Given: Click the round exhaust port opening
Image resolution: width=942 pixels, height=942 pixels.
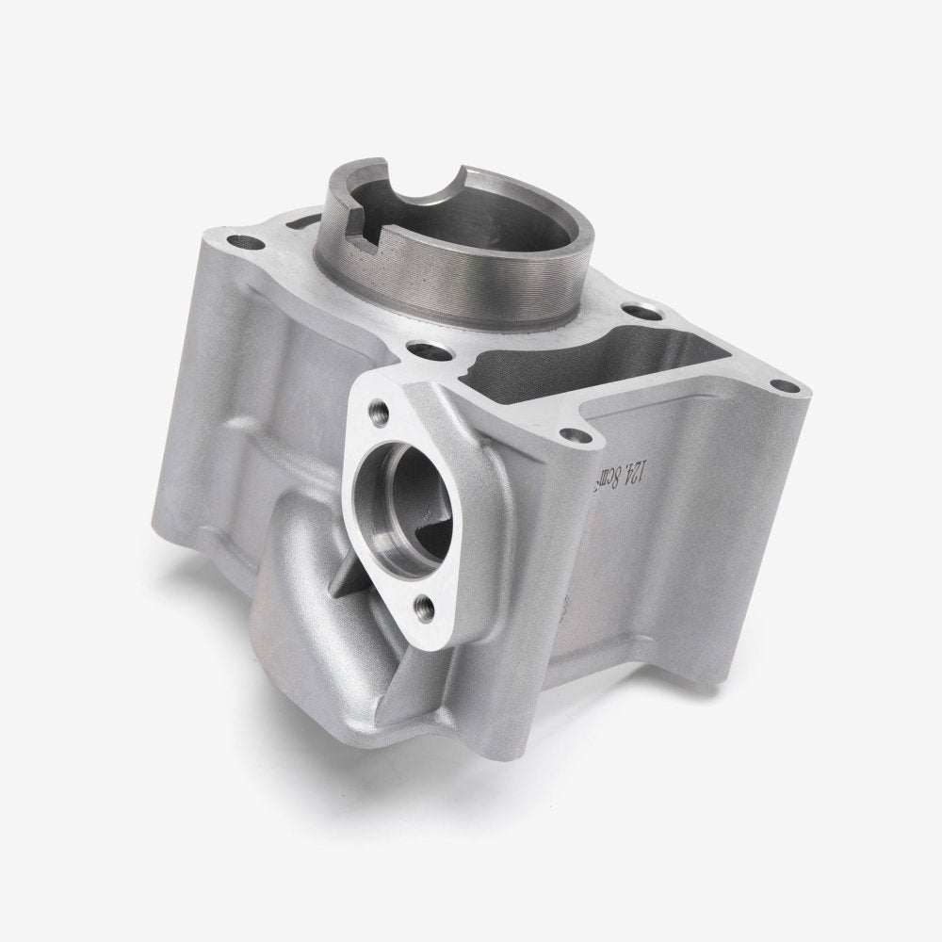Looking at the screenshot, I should (x=394, y=491).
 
